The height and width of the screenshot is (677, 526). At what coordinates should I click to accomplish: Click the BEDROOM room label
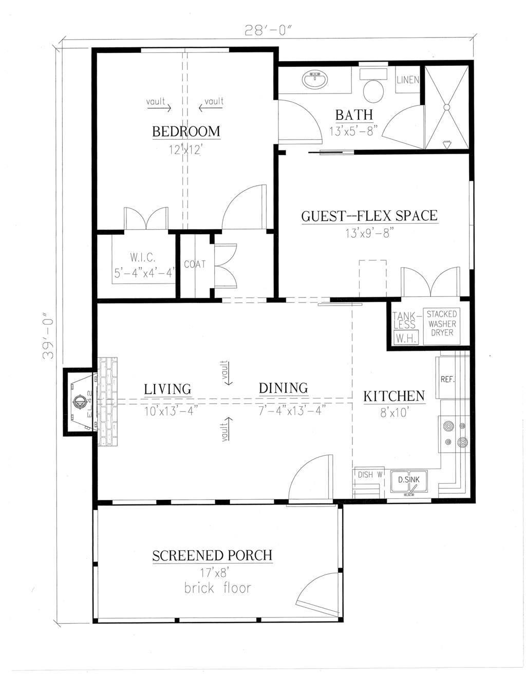[x=186, y=131]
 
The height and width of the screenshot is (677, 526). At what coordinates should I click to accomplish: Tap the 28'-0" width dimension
[x=268, y=30]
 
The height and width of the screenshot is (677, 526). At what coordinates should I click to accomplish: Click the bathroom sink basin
[x=314, y=80]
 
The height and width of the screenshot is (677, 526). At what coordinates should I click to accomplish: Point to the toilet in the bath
[x=373, y=89]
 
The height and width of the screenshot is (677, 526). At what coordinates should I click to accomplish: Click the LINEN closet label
[x=408, y=80]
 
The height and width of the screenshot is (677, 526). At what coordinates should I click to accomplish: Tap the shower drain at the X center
[x=446, y=107]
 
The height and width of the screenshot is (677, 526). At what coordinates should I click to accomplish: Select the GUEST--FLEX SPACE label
[x=369, y=216]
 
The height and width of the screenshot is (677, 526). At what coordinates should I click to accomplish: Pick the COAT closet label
[x=195, y=265]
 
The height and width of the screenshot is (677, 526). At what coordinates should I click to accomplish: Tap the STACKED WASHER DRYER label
[x=442, y=323]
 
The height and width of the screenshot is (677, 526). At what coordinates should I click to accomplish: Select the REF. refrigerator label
[x=447, y=380]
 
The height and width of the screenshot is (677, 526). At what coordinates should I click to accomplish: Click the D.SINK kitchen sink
[x=409, y=483]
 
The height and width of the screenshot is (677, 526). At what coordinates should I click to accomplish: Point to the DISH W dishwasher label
[x=370, y=475]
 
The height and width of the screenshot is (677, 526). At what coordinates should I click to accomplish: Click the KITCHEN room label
[x=394, y=396]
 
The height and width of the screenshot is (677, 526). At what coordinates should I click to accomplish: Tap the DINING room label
[x=283, y=388]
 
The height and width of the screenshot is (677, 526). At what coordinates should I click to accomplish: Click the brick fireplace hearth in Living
[x=108, y=402]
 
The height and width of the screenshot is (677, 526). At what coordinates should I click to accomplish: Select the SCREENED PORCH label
[x=212, y=556]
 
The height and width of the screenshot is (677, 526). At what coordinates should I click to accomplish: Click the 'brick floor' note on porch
[x=218, y=588]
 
